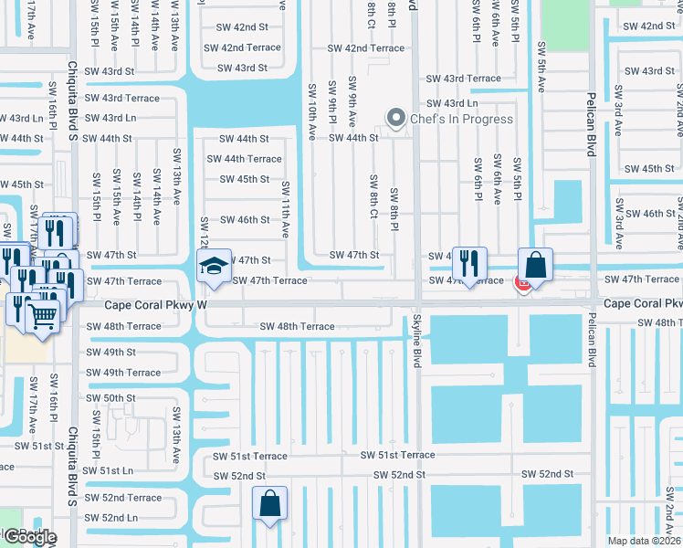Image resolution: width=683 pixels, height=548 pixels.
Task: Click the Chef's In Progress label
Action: coord(461,119)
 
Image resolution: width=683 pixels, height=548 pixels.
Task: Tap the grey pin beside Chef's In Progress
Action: coord(395,118)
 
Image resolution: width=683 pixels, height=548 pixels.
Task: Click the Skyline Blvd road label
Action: coord(417,339)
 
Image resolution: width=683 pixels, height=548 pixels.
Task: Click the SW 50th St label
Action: coord(110,398)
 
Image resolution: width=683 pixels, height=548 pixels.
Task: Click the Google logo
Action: coord(29,537)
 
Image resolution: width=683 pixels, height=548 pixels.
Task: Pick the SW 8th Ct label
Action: coord(373,196)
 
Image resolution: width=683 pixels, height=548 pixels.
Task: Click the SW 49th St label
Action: coord(110,353)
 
